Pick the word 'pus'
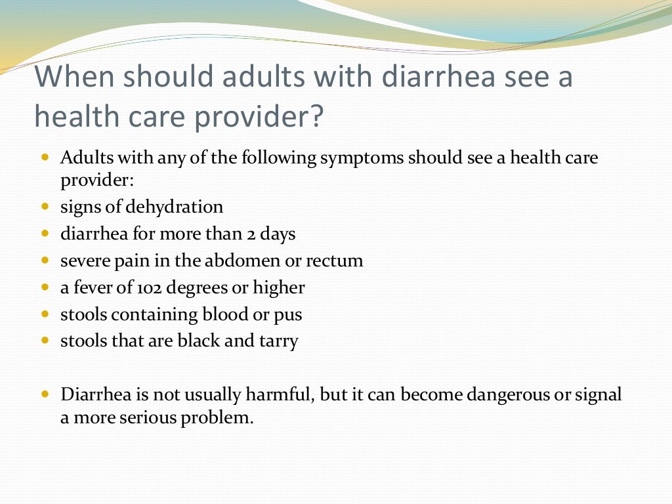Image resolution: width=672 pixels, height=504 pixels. (289, 314)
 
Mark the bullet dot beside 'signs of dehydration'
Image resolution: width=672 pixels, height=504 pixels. (45, 207)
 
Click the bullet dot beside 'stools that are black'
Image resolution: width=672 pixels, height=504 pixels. (45, 341)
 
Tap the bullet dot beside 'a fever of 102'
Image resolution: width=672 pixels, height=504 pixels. (45, 287)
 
